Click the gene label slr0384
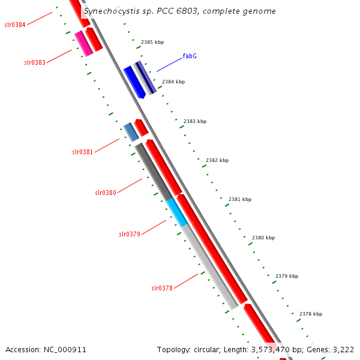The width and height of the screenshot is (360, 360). pyautogui.click(x=14, y=25)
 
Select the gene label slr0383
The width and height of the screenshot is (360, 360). pyautogui.click(x=35, y=62)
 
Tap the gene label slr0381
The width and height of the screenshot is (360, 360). pyautogui.click(x=83, y=152)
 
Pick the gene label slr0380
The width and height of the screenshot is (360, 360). pyautogui.click(x=106, y=193)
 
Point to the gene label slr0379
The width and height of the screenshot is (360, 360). pyautogui.click(x=130, y=234)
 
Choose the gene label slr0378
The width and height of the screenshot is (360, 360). pyautogui.click(x=162, y=288)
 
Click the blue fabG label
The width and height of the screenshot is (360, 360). pyautogui.click(x=190, y=56)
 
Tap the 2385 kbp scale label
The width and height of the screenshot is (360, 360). pyautogui.click(x=152, y=43)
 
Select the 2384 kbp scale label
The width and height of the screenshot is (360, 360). pyautogui.click(x=173, y=82)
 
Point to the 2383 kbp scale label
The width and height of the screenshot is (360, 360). pyautogui.click(x=195, y=121)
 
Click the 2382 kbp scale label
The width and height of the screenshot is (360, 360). pyautogui.click(x=217, y=160)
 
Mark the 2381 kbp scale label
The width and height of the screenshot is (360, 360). pyautogui.click(x=240, y=199)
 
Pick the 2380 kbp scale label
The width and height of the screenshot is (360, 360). pyautogui.click(x=263, y=238)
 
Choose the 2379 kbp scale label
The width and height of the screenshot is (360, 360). pyautogui.click(x=287, y=276)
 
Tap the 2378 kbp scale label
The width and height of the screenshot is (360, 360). pyautogui.click(x=311, y=314)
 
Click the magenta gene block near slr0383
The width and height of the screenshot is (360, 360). pyautogui.click(x=83, y=44)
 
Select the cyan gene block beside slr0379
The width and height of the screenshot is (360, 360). pyautogui.click(x=177, y=212)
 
